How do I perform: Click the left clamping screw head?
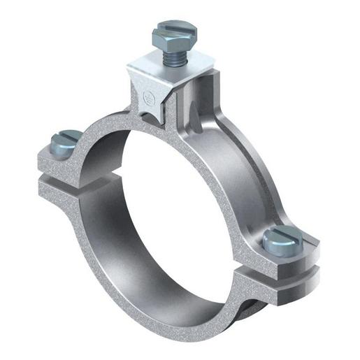[x=64, y=142]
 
